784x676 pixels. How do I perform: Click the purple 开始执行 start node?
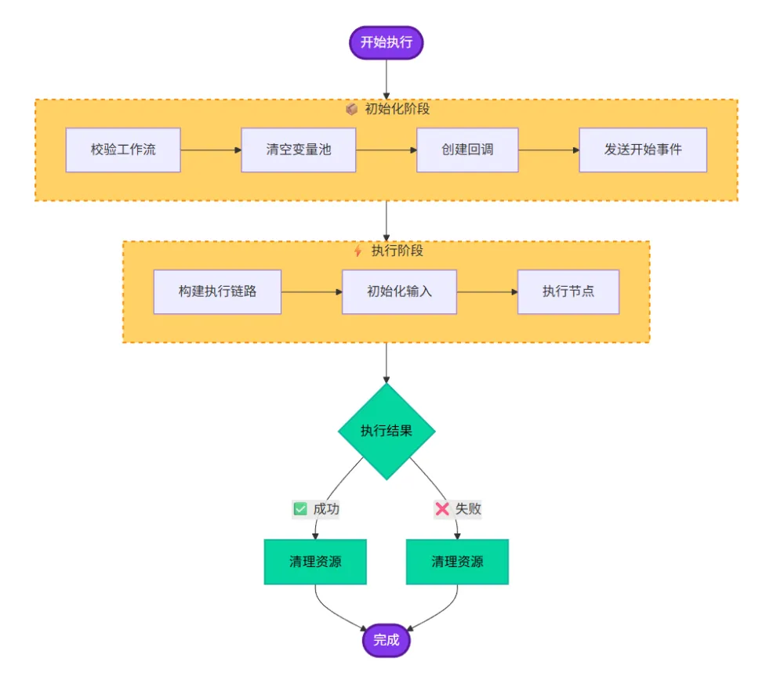(386, 42)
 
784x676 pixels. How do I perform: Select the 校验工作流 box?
(123, 150)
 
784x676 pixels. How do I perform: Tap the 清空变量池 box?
(299, 150)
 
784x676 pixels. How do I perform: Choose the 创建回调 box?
(467, 150)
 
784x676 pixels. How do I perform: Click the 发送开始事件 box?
(643, 150)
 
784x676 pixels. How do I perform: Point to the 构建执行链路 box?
(217, 291)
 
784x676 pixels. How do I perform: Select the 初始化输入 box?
(400, 291)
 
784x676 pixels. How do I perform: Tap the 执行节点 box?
(568, 291)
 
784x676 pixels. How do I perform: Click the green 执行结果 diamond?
(387, 431)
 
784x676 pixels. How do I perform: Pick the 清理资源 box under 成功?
(315, 562)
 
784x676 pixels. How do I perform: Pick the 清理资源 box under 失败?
(458, 562)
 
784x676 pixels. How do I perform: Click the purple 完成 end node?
(387, 640)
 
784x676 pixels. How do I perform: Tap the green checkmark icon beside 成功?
(300, 509)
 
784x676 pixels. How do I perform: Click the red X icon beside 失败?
(442, 509)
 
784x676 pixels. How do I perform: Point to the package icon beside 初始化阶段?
(352, 109)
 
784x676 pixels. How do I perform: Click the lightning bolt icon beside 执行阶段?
(358, 251)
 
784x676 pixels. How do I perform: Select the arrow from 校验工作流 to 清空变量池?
(211, 150)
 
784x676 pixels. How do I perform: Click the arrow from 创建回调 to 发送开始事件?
(549, 150)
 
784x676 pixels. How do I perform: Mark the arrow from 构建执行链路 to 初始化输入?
(312, 291)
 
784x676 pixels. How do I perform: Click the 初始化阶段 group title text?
(397, 109)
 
